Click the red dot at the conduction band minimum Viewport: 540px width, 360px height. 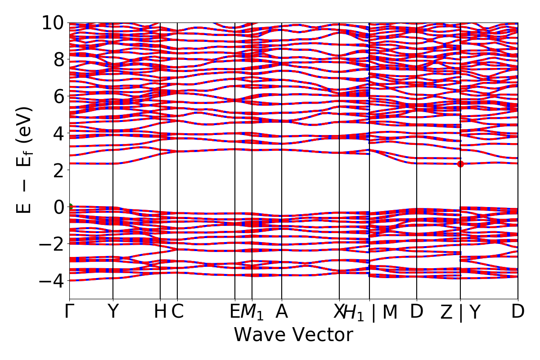click(x=460, y=164)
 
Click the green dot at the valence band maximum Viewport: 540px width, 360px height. click(x=70, y=207)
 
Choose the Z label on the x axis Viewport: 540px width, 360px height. click(x=446, y=312)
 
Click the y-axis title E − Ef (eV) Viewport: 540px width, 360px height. click(x=25, y=160)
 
